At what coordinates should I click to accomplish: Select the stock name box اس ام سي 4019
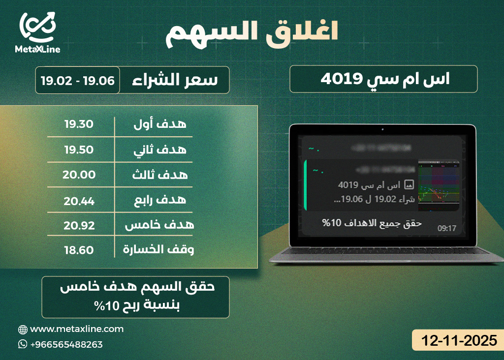(x=383, y=79)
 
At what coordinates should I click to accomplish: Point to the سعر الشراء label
(x=175, y=80)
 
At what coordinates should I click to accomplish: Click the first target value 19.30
(x=79, y=124)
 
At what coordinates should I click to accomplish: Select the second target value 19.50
(x=79, y=150)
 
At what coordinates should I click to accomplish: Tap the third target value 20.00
(x=79, y=175)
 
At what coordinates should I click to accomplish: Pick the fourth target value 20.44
(x=79, y=201)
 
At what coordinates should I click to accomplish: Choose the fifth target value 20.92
(x=79, y=225)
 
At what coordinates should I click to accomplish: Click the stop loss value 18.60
(x=79, y=250)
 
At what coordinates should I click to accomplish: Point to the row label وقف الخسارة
(x=158, y=250)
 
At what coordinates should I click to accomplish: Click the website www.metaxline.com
(x=77, y=329)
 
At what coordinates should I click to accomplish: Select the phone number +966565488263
(x=66, y=345)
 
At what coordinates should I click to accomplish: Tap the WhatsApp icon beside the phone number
(x=23, y=344)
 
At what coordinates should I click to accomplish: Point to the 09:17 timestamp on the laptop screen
(x=447, y=228)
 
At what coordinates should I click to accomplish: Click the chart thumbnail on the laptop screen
(x=439, y=185)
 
